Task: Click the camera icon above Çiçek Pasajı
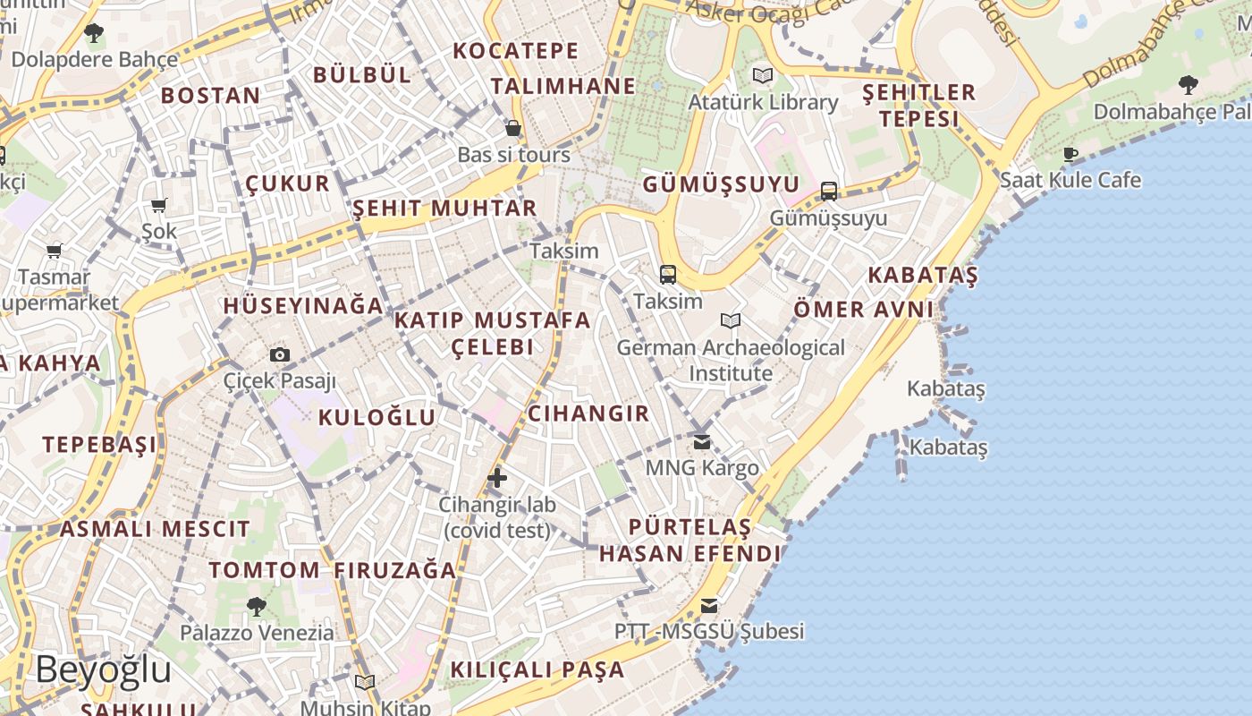point(280,354)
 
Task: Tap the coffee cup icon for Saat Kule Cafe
point(1070,154)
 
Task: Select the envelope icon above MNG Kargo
point(702,441)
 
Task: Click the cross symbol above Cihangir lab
point(497,478)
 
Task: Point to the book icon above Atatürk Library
point(762,76)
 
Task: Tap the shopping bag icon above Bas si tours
point(513,128)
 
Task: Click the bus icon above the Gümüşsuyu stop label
point(829,191)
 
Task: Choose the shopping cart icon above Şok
point(159,206)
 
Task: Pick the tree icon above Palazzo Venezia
point(257,606)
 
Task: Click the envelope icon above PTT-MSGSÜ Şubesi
point(709,606)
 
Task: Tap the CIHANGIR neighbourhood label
point(588,413)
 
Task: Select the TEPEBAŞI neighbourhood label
point(99,445)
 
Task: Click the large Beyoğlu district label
point(104,669)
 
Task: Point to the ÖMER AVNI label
point(864,310)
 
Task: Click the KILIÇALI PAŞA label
point(537,669)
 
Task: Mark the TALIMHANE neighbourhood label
point(563,86)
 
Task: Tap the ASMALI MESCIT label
point(155,529)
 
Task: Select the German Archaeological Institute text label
point(731,360)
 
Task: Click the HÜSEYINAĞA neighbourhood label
point(303,306)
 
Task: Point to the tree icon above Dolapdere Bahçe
point(94,34)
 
